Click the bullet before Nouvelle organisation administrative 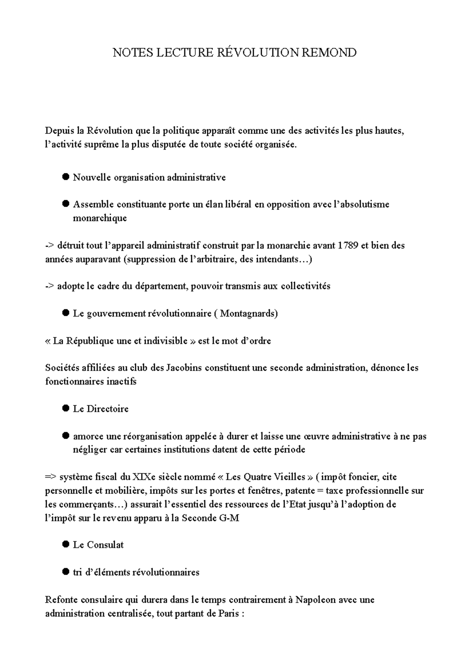click(x=66, y=177)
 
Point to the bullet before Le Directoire click(x=66, y=408)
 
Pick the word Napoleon click(x=315, y=600)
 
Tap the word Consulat click(x=105, y=545)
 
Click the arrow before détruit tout click(x=50, y=246)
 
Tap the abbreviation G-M click(x=229, y=518)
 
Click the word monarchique click(x=100, y=218)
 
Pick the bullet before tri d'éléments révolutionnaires click(x=66, y=572)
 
